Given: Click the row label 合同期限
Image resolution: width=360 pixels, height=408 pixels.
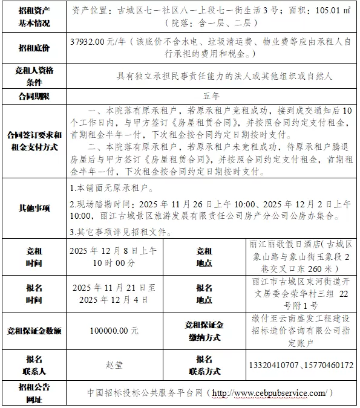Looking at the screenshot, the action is [34, 96].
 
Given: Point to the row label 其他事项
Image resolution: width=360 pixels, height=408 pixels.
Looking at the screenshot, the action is [34, 208].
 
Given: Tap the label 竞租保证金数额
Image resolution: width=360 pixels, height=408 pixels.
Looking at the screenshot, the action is [34, 331].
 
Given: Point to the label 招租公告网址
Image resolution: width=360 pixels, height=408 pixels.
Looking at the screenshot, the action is [34, 393].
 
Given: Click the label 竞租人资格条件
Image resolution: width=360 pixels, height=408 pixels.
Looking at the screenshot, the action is [34, 76].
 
